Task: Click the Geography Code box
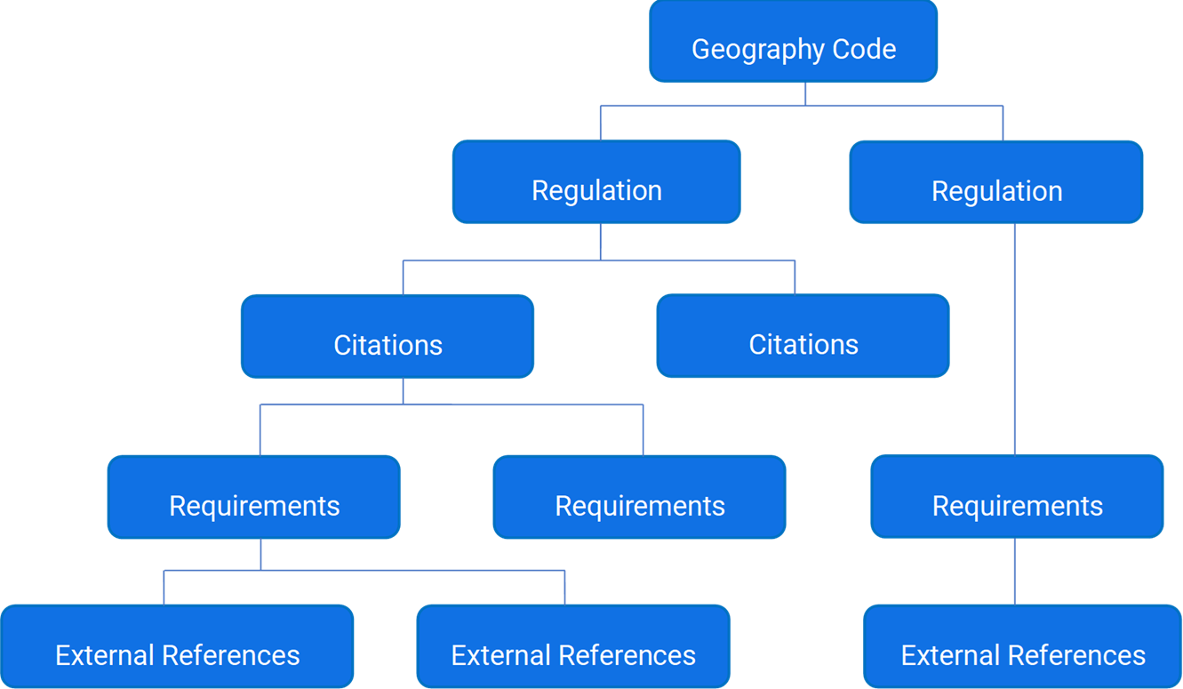pyautogui.click(x=793, y=42)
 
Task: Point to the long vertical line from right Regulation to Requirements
pyautogui.click(x=1015, y=338)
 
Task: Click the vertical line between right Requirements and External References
pyautogui.click(x=1015, y=571)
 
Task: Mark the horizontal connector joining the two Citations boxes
pyautogui.click(x=598, y=260)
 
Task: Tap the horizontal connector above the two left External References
pyautogui.click(x=364, y=571)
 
